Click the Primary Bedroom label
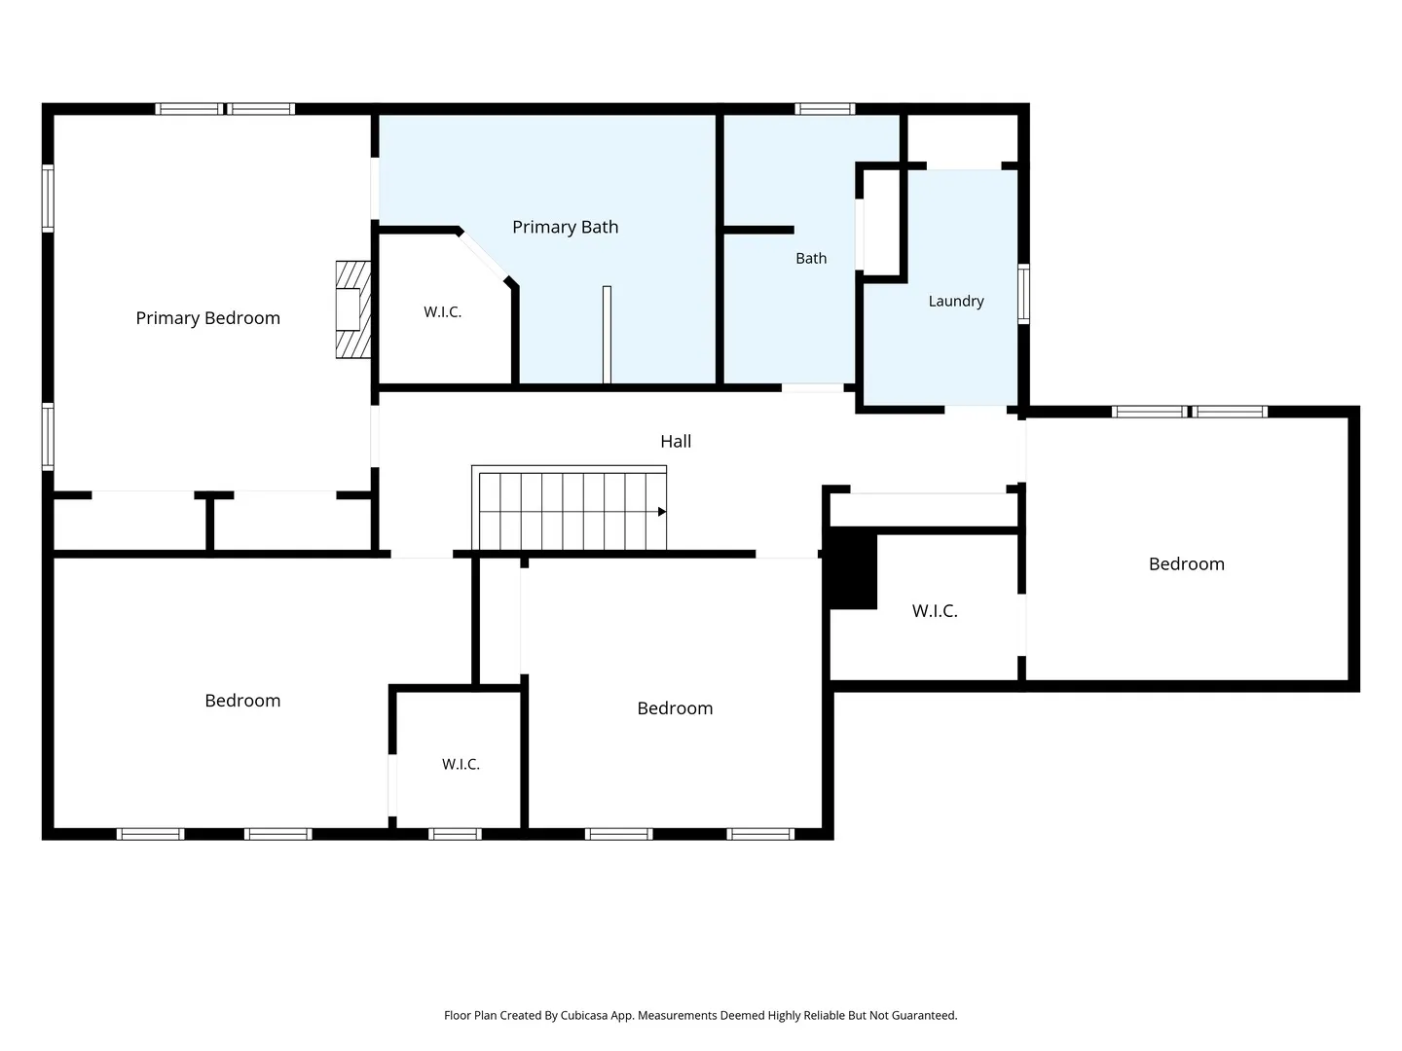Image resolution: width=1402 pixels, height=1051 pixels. pos(207,318)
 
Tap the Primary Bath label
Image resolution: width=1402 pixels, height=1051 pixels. pos(565,227)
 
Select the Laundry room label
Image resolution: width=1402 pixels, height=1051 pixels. pos(955,302)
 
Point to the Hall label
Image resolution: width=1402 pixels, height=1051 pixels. pos(675,441)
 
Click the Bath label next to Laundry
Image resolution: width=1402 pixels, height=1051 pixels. pos(811,259)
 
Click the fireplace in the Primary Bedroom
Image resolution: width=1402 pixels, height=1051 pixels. pos(353,309)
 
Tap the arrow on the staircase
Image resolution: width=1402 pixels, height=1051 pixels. pos(662,512)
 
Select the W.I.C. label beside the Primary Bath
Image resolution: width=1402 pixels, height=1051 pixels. pos(442,312)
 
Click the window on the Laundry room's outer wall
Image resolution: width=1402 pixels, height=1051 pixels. pos(1023,294)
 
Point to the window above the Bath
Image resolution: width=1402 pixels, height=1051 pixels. pos(825,109)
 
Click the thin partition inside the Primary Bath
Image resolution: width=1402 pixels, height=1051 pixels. pos(607,335)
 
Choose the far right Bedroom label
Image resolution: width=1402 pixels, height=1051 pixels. pos(1186,564)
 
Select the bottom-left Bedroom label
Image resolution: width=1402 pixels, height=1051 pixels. pos(242,701)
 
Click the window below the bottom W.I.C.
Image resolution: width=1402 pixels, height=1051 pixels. pos(455,834)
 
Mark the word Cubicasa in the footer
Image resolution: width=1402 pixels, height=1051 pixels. pos(585,1015)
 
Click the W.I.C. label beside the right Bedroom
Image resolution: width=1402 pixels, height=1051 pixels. pos(935,611)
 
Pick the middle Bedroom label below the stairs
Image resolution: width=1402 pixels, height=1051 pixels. pos(675,708)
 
